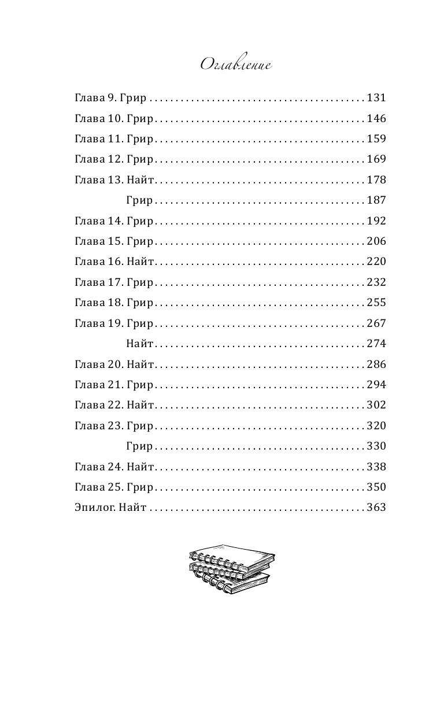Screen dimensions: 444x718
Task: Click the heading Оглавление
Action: (235, 65)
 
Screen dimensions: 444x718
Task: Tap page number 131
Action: (376, 98)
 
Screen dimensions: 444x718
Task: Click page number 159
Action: (376, 139)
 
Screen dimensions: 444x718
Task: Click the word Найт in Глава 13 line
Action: (139, 180)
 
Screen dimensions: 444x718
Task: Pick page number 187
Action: (376, 200)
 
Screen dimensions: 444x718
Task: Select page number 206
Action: (376, 241)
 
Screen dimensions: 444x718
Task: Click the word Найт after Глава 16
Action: (139, 262)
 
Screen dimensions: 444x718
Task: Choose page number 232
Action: (376, 282)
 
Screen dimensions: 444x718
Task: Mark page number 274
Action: (376, 344)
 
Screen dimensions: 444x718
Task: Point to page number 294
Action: (376, 385)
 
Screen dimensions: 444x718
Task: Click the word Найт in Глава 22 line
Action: (139, 405)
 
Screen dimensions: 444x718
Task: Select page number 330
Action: (376, 446)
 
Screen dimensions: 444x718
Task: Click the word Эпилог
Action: (92, 508)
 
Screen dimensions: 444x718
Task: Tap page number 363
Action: (376, 508)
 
